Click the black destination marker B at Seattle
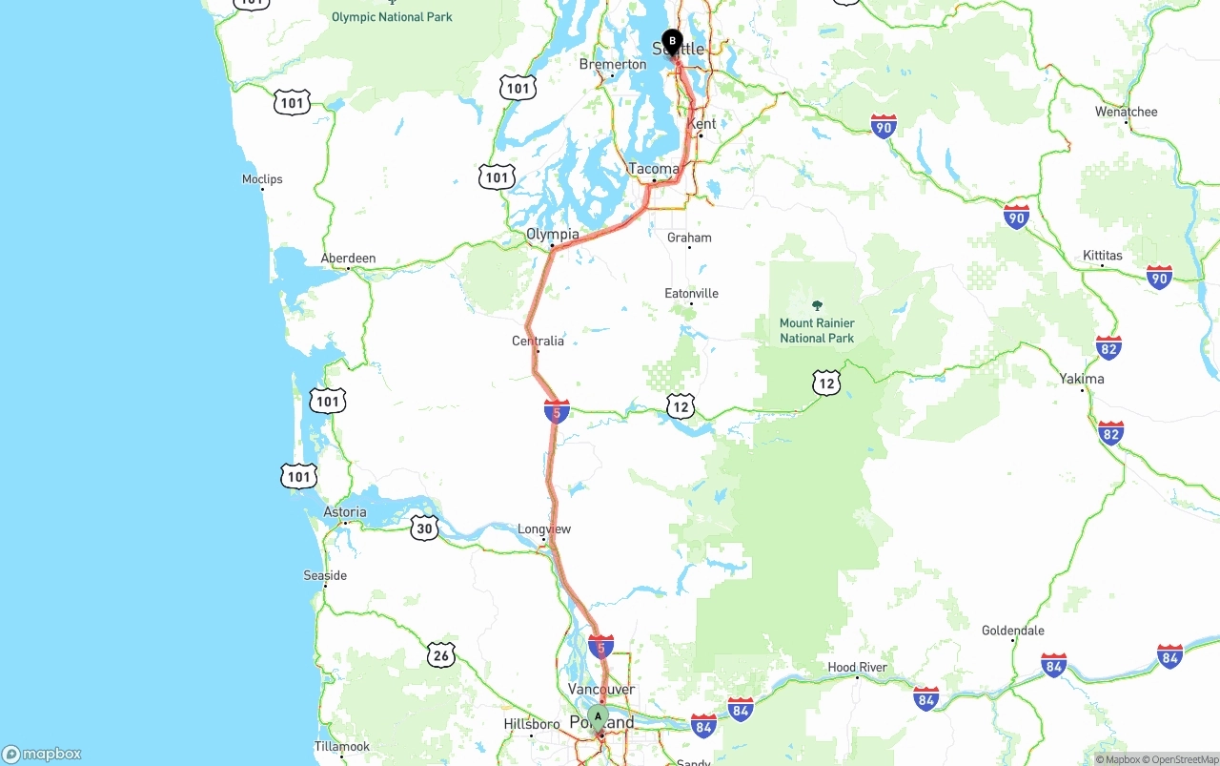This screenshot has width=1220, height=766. [672, 42]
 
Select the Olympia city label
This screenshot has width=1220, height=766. [553, 234]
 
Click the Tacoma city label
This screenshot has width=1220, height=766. [654, 169]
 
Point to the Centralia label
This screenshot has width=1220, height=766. [538, 341]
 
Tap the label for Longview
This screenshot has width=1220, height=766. [544, 528]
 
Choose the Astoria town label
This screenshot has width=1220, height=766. [345, 512]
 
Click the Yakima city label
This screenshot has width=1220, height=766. [1082, 379]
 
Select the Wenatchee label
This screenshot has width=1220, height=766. [1126, 112]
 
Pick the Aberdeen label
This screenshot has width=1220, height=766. [348, 258]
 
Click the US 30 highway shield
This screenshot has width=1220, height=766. [424, 528]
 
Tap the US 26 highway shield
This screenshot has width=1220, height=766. [440, 654]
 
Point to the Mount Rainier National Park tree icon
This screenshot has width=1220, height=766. [817, 305]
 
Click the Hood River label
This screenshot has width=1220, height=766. [857, 667]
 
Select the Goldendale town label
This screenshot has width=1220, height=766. [1012, 630]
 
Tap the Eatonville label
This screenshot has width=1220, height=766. [691, 293]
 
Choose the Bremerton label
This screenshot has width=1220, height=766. [613, 64]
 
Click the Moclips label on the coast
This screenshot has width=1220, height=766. [262, 178]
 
